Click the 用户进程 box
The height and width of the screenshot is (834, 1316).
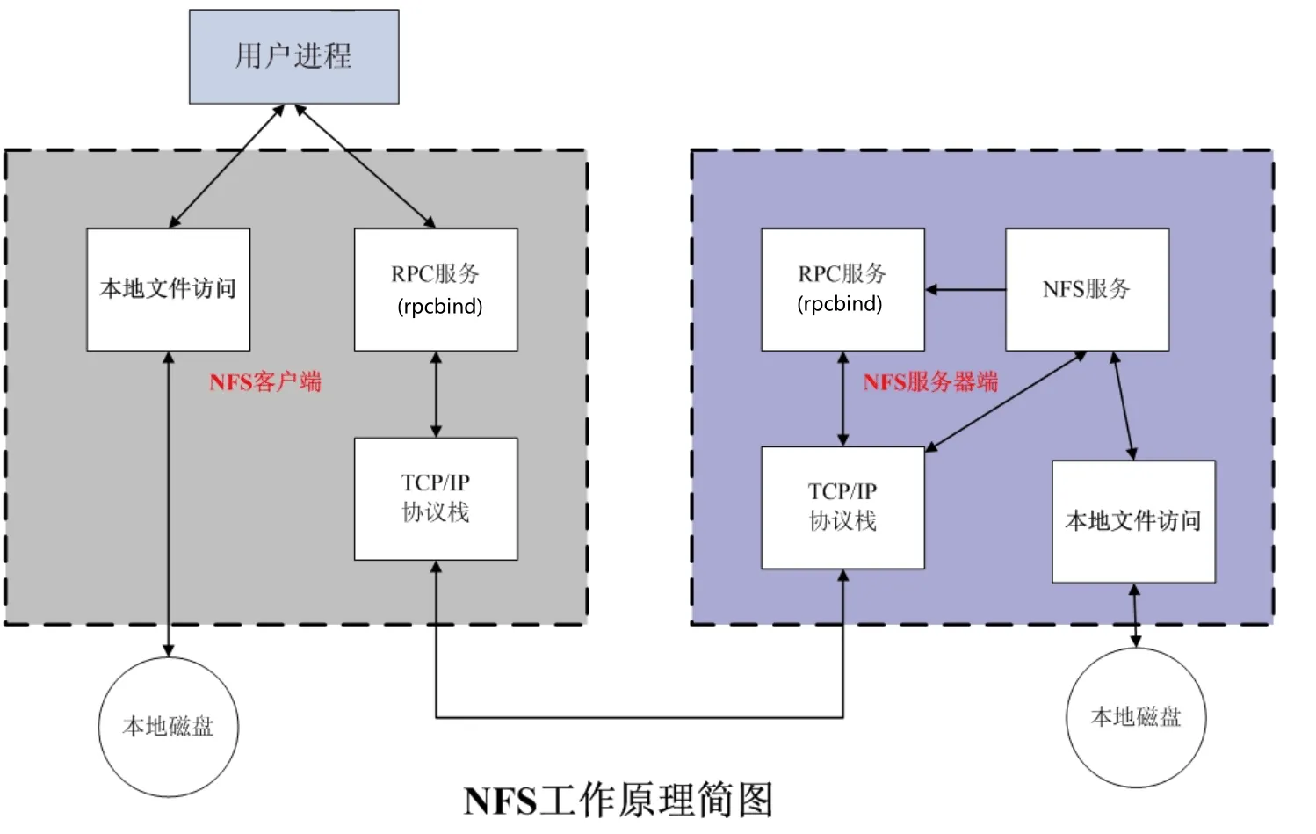tap(294, 56)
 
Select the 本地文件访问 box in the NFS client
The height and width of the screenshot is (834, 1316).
tap(169, 290)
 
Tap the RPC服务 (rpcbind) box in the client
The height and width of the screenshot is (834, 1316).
tap(436, 290)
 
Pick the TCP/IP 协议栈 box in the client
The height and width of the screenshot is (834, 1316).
tap(436, 499)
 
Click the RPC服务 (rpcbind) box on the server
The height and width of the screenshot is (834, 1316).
tap(843, 290)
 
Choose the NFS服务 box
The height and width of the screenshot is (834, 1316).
tap(1088, 290)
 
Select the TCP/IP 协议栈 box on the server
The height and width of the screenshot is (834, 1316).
tap(843, 508)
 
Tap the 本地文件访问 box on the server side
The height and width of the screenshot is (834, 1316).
tap(1134, 522)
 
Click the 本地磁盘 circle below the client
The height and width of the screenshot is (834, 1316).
tap(169, 727)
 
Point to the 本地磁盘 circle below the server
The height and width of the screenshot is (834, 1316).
tap(1136, 718)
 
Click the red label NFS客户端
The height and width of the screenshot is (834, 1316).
tap(265, 382)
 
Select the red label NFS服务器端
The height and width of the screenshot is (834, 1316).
tap(931, 382)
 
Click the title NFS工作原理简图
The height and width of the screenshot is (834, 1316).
tap(618, 801)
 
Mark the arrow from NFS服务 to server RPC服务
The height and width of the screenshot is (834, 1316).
tap(965, 290)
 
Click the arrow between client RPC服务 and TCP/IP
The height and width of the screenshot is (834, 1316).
tap(436, 395)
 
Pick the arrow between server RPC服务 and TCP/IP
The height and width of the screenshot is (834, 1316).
tap(843, 399)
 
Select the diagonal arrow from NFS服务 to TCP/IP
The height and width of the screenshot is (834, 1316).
tap(1006, 402)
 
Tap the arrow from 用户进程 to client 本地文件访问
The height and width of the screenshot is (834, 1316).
tap(227, 166)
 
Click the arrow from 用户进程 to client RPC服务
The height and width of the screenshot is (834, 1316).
tap(365, 166)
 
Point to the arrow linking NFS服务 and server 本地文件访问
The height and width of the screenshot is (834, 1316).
tap(1124, 405)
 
